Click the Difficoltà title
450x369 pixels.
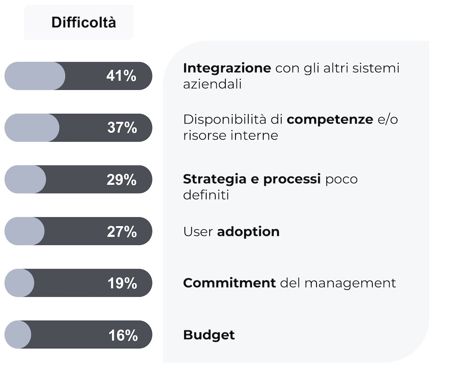pyautogui.click(x=84, y=22)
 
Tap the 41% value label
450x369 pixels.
pyautogui.click(x=121, y=76)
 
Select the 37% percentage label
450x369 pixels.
pyautogui.click(x=122, y=127)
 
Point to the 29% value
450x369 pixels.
pyautogui.click(x=121, y=179)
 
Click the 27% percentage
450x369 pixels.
pyautogui.click(x=122, y=232)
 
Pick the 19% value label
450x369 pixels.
pyautogui.click(x=122, y=283)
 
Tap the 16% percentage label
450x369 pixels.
pyautogui.click(x=123, y=335)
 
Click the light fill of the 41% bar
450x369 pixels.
pyautogui.click(x=35, y=76)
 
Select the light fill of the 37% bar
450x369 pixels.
pyautogui.click(x=32, y=128)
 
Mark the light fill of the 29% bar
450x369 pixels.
pyautogui.click(x=25, y=179)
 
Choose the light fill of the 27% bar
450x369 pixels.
pyautogui.click(x=24, y=231)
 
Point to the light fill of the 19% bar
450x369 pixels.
pyautogui.click(x=19, y=283)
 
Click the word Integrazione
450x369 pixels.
pyautogui.click(x=227, y=69)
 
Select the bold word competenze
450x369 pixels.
pyautogui.click(x=330, y=120)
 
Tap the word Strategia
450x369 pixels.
pyautogui.click(x=214, y=179)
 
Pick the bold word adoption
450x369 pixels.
pyautogui.click(x=248, y=232)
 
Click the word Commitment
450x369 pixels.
pyautogui.click(x=229, y=283)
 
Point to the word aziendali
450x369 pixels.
pyautogui.click(x=212, y=84)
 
